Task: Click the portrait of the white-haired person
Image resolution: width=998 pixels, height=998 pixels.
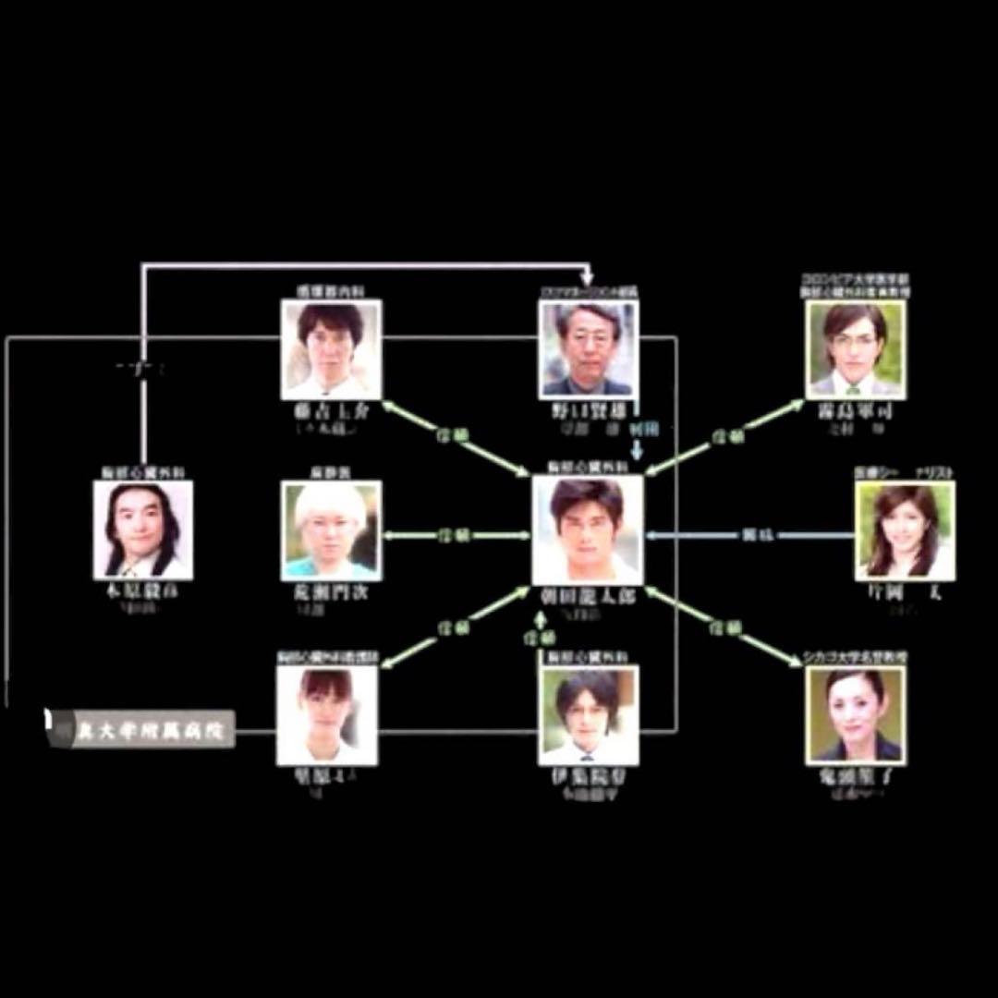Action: (331, 529)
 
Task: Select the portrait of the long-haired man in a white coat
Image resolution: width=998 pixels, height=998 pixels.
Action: (142, 529)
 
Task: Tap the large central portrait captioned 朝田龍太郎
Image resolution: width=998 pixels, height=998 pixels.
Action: (588, 529)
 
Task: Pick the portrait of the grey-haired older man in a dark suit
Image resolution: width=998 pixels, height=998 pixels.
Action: (588, 349)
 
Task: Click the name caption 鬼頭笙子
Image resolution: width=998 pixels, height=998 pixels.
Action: (855, 777)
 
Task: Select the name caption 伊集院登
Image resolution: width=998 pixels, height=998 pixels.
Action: (589, 777)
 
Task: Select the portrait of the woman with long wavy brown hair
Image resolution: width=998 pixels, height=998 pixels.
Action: (905, 529)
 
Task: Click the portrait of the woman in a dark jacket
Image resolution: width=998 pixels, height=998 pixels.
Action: (855, 715)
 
